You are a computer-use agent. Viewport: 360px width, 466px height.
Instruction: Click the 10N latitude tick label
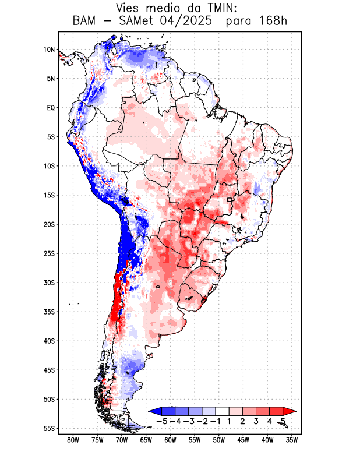coord(49,50)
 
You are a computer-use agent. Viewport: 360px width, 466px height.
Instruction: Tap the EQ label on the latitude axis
coord(51,108)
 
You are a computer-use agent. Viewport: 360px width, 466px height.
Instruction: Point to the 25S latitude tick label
coord(49,253)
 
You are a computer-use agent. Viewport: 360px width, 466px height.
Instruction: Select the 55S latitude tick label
coord(49,428)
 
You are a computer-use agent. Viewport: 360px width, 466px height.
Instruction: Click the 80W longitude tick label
coord(73,440)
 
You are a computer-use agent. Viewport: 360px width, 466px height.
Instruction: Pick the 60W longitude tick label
coord(171,440)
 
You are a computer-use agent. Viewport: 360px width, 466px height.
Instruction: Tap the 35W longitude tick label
coord(292,440)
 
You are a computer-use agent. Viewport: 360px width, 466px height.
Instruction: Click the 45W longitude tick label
coord(243,440)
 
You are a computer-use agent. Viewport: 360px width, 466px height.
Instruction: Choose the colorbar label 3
coord(256,421)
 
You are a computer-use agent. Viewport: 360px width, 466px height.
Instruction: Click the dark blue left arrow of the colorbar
coord(154,411)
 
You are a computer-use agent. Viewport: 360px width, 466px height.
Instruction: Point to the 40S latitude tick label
coord(49,341)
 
